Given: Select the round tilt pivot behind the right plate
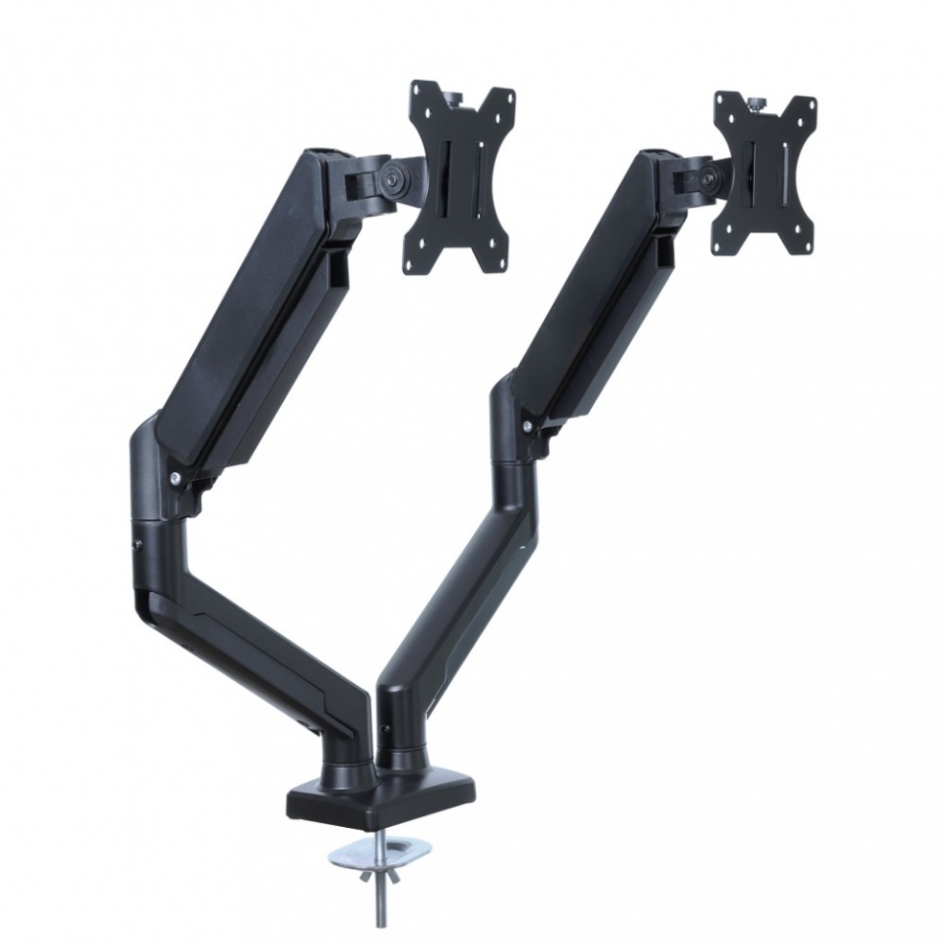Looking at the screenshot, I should tap(707, 178).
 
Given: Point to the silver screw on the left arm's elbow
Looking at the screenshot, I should tap(174, 478).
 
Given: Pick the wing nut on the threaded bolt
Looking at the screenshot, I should tap(375, 871).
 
